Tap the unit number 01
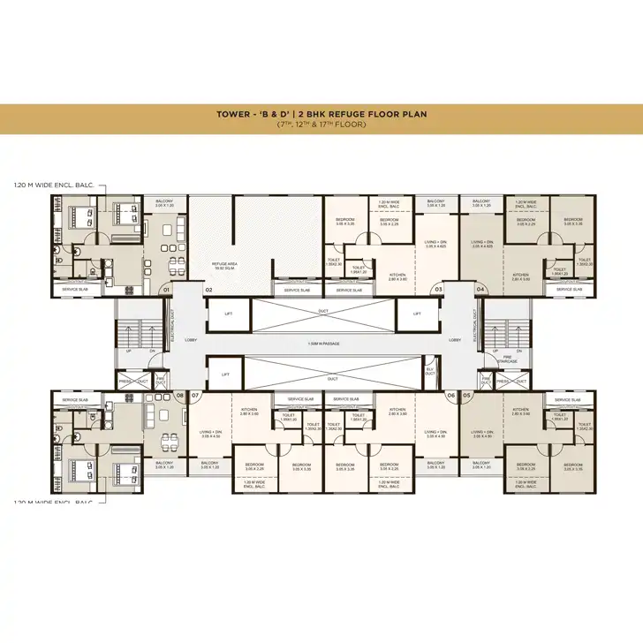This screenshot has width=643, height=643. pos(165,289)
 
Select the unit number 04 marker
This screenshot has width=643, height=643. pos(480,289)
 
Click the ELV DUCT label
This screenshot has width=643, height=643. pos(429,373)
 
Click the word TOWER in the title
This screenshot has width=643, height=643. pos(234,114)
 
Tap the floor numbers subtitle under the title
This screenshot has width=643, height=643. pos(321,125)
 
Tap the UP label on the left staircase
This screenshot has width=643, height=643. pos(128,351)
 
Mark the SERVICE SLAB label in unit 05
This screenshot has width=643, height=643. pos(566,400)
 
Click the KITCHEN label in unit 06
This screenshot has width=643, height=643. pos(397,410)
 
